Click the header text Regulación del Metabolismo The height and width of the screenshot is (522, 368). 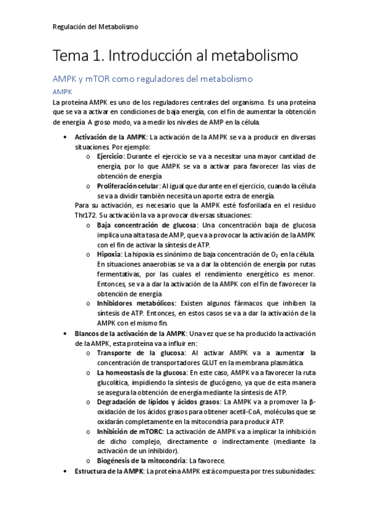pyautogui.click(x=95, y=27)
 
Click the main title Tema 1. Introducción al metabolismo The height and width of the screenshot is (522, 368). pyautogui.click(x=176, y=57)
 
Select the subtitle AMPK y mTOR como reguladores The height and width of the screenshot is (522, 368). pyautogui.click(x=153, y=79)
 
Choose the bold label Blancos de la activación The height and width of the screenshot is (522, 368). pyautogui.click(x=125, y=333)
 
